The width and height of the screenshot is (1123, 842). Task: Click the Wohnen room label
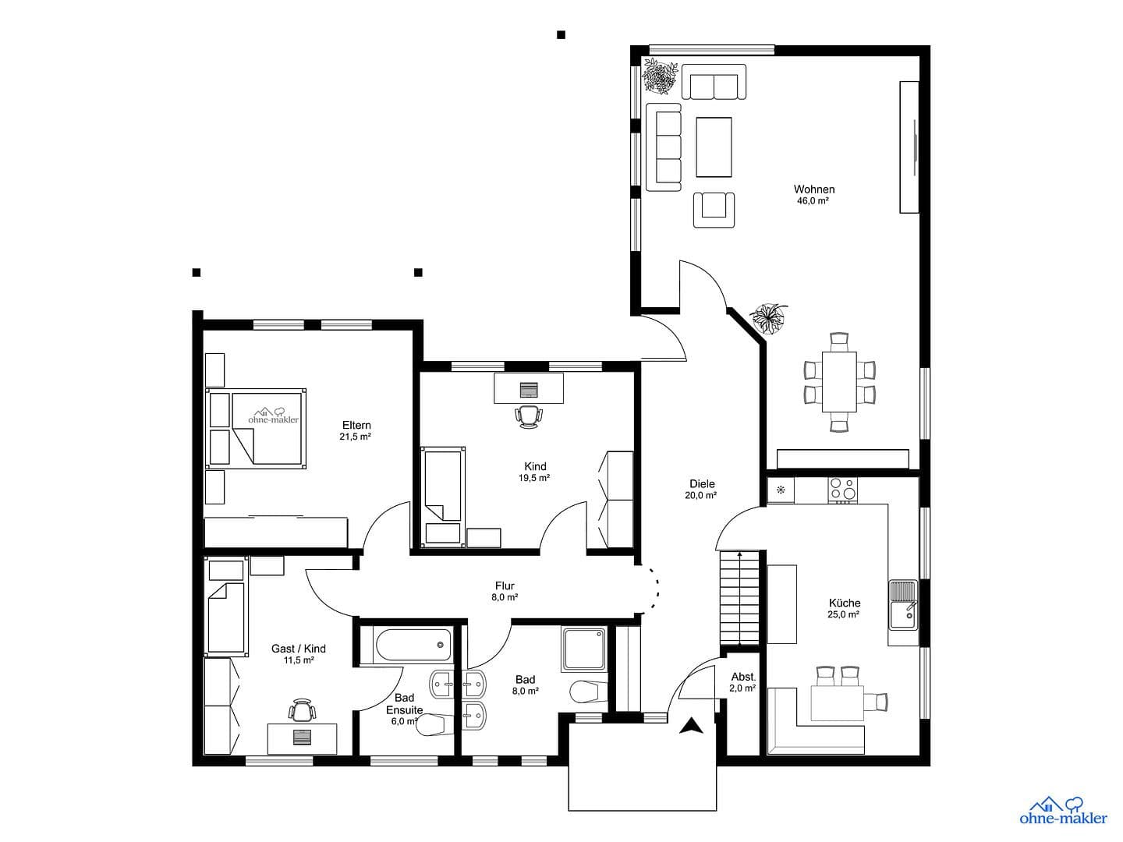tap(813, 189)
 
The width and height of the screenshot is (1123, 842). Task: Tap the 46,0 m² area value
tap(812, 201)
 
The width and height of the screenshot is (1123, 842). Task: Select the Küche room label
tap(844, 603)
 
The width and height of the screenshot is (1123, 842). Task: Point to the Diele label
tap(702, 483)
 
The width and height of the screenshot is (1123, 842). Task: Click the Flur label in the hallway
tap(505, 586)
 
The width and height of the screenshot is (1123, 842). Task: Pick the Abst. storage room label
tap(742, 677)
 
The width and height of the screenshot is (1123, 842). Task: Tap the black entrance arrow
tap(689, 727)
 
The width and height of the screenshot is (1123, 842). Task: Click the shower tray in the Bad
tap(584, 649)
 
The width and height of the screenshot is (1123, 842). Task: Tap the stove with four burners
tap(841, 488)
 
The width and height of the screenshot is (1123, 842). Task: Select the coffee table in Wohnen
tap(714, 147)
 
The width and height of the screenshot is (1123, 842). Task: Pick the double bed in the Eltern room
tap(257, 427)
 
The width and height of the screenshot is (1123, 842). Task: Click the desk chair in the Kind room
tap(528, 416)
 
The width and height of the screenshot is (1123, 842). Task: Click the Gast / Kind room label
tap(298, 649)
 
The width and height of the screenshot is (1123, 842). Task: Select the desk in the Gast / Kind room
tap(303, 738)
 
